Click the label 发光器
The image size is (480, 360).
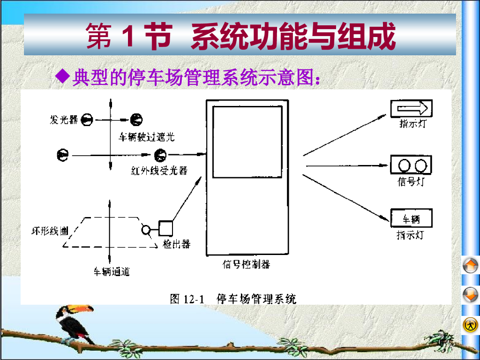pos(64,120)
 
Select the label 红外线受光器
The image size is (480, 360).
pos(159,170)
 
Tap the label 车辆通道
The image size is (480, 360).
pos(112,271)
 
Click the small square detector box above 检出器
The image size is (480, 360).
pos(166,228)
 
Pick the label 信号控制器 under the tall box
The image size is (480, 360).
pos(246,264)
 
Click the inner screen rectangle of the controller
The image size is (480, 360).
pos(247,142)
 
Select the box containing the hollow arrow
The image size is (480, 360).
pos(411,109)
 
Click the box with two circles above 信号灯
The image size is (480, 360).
pos(411,165)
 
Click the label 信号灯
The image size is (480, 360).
pos(411,182)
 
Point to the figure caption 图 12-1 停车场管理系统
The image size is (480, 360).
pos(233,299)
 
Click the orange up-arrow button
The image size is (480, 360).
pos(471,266)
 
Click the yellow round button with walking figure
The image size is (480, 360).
pos(471,324)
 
